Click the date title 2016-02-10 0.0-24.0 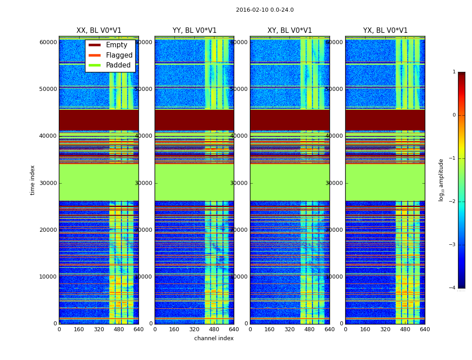tap(265, 10)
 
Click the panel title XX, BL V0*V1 tap(99, 31)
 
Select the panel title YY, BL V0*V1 tap(194, 31)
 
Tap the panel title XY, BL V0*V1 tap(289, 31)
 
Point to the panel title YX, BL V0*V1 tap(385, 31)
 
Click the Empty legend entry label tap(116, 45)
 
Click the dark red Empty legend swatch tap(94, 45)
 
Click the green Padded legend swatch tap(94, 65)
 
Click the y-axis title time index tap(33, 180)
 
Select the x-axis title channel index tap(214, 338)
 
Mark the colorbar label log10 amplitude tap(441, 180)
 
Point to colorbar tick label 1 tap(454, 72)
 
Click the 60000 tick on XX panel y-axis tap(48, 42)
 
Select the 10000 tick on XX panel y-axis tap(48, 277)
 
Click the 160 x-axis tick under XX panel tap(79, 329)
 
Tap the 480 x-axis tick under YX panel tap(405, 329)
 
